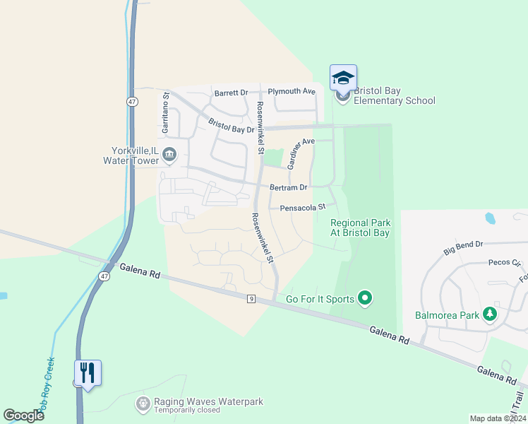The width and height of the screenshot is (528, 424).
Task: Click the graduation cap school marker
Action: pyautogui.click(x=343, y=78)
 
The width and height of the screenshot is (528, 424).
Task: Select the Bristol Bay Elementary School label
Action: pyautogui.click(x=394, y=95)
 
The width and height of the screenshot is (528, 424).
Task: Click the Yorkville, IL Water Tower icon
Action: pyautogui.click(x=169, y=153)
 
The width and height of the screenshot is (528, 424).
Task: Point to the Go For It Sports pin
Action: pyautogui.click(x=365, y=299)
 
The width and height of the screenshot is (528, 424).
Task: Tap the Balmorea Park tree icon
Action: pyautogui.click(x=490, y=314)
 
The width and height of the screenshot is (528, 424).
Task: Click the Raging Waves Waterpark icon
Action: pyautogui.click(x=143, y=404)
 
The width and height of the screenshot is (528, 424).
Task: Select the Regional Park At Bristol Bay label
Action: pyautogui.click(x=361, y=228)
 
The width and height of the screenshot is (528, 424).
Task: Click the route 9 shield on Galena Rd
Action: pyautogui.click(x=251, y=300)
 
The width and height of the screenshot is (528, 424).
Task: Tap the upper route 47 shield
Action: pyautogui.click(x=133, y=102)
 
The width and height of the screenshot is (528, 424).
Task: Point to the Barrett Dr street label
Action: pyautogui.click(x=232, y=93)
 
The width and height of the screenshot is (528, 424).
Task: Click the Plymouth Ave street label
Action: pyautogui.click(x=292, y=91)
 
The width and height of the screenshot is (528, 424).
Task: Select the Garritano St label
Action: pyautogui.click(x=166, y=113)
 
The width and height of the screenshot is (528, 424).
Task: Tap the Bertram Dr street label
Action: pyautogui.click(x=289, y=188)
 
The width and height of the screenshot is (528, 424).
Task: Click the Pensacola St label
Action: pyautogui.click(x=302, y=208)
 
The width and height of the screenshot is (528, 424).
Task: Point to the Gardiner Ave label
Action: pyautogui.click(x=299, y=151)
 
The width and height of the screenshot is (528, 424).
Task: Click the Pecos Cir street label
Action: pyautogui.click(x=504, y=262)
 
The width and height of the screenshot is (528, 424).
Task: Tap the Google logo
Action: pyautogui.click(x=23, y=416)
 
